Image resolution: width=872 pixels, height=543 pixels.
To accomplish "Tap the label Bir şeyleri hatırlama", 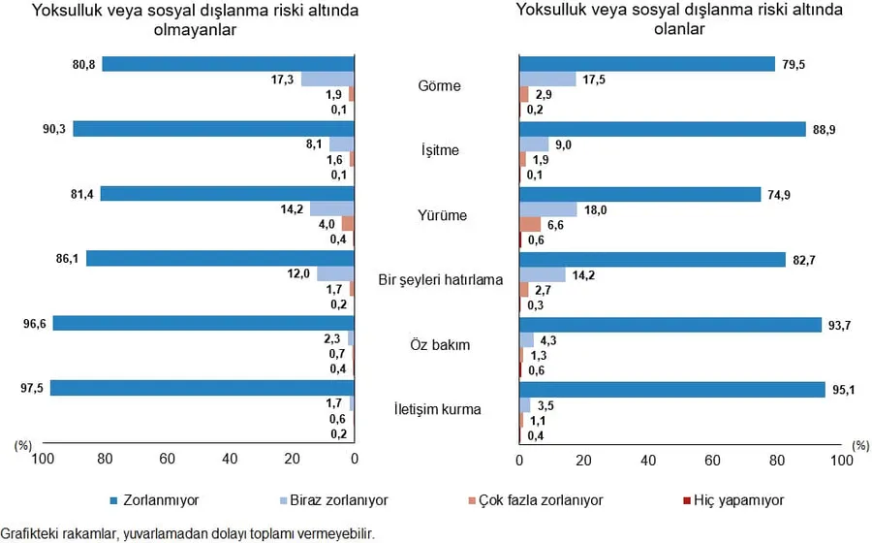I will (x=441, y=280).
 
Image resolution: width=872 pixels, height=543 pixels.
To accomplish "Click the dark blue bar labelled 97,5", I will (x=202, y=388).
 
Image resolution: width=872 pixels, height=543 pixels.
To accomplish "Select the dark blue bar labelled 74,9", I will (x=639, y=194).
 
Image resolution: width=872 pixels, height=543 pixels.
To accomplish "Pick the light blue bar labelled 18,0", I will (x=548, y=209).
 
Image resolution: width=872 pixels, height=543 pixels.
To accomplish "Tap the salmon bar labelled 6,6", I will (x=530, y=225).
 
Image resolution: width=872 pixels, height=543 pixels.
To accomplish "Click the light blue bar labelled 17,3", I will (x=327, y=80).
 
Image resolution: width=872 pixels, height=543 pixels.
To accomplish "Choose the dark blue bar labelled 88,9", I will (x=662, y=129).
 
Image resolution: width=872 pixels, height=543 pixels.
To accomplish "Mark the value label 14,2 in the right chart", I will (x=584, y=274).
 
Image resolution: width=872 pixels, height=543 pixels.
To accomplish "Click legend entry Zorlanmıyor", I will (x=163, y=500).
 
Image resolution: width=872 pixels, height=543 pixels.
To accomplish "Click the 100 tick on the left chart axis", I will (x=43, y=459).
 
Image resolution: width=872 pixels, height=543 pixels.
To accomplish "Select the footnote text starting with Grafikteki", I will (x=187, y=532).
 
